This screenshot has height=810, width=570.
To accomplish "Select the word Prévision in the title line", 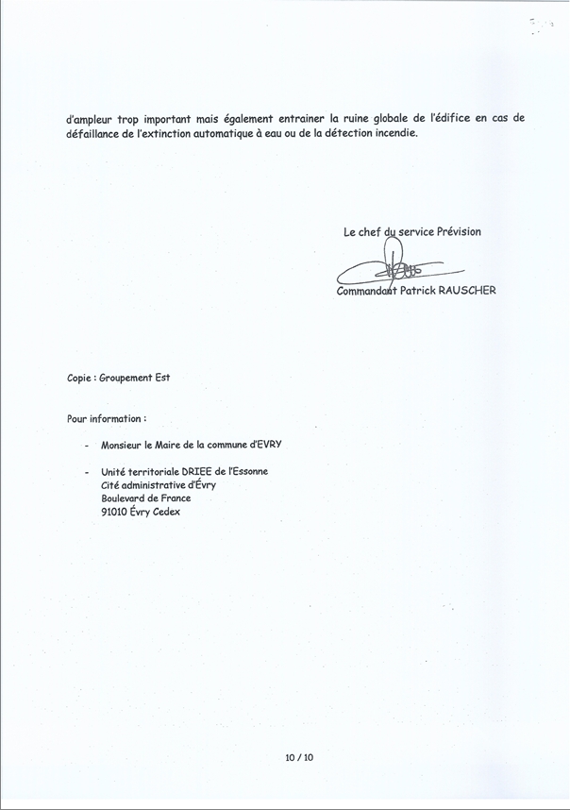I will [459, 231].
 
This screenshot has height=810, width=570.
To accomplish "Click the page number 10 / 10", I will [298, 757].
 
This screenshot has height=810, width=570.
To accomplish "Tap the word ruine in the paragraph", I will [369, 119].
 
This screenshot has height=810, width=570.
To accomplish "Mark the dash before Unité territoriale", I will [86, 472].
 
